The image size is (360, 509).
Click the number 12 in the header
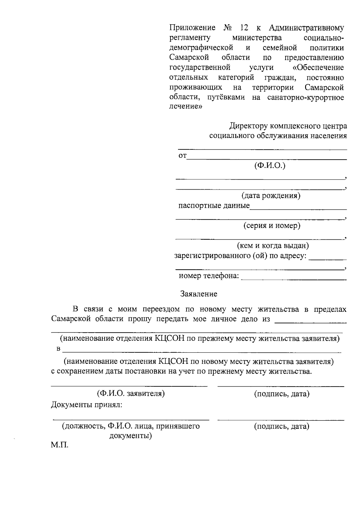tap(244, 28)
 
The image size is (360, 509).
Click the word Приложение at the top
tap(192, 28)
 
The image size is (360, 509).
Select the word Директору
tap(248, 126)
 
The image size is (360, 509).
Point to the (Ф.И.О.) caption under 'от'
tap(270, 166)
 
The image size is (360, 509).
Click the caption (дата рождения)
tap(271, 196)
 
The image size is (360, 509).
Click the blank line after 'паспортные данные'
tap(298, 209)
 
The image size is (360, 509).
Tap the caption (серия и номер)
tap(271, 226)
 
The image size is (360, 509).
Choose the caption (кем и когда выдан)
tap(273, 246)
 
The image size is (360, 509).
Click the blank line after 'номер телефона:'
tap(294, 279)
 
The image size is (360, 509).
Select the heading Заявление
tap(199, 294)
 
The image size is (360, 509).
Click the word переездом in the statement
tap(161, 309)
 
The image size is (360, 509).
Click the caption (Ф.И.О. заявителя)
tap(130, 394)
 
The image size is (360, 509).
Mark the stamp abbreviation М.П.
tap(59, 445)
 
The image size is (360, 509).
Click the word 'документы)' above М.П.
tap(130, 436)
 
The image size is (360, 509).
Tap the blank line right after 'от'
tap(267, 159)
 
